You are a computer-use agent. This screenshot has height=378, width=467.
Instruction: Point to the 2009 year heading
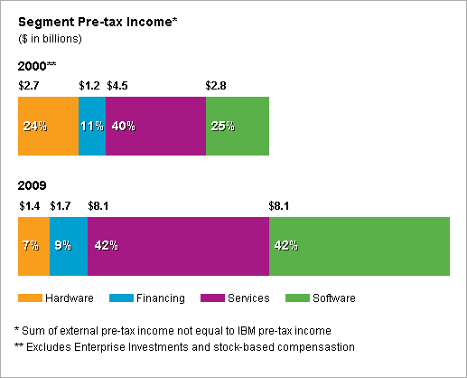pos(32,186)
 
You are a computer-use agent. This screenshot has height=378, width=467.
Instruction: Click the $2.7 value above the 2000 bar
pos(28,85)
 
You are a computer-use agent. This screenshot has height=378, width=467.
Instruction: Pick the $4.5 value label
pos(117,85)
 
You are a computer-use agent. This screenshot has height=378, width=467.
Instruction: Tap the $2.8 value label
pos(217,85)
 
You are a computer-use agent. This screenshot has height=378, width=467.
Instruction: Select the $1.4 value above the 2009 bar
pos(28,205)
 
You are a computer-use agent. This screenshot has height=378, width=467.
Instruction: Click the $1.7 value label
pos(60,205)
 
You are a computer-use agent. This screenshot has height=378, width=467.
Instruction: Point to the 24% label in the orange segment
pos(34,126)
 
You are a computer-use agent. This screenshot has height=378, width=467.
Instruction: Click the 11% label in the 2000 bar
pos(91,126)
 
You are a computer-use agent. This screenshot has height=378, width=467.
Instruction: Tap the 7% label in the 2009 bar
pos(31,246)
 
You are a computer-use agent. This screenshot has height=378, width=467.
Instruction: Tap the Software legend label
pos(333,298)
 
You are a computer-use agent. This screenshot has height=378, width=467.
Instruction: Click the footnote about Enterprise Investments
pos(184,346)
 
